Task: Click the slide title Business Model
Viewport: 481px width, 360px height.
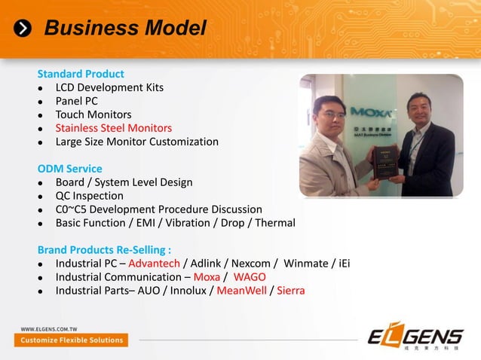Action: [x=125, y=29]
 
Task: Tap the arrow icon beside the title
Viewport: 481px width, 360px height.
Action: [x=25, y=29]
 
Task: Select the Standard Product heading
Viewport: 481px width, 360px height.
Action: [x=81, y=74]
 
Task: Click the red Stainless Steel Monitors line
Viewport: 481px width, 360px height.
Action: [x=113, y=128]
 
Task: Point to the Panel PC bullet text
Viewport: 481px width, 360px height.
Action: [x=76, y=101]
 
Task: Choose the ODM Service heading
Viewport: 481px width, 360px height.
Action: [x=70, y=169]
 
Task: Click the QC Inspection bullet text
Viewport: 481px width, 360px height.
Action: [x=89, y=196]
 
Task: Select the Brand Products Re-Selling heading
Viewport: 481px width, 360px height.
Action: [x=104, y=249]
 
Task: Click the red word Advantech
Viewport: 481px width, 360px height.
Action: [x=154, y=264]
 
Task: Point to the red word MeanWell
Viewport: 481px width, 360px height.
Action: [x=241, y=291]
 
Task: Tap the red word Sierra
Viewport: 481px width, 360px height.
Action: [x=290, y=291]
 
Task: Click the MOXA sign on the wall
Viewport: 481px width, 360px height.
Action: [x=370, y=113]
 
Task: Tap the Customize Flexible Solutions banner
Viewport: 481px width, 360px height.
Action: [x=72, y=340]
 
